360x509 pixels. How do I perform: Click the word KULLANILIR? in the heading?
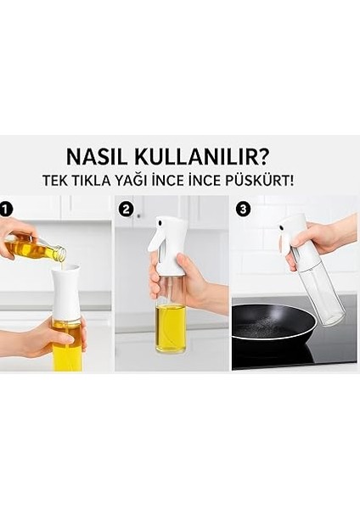point(206,157)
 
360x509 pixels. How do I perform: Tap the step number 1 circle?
point(8,207)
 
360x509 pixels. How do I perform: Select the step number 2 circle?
point(126,207)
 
